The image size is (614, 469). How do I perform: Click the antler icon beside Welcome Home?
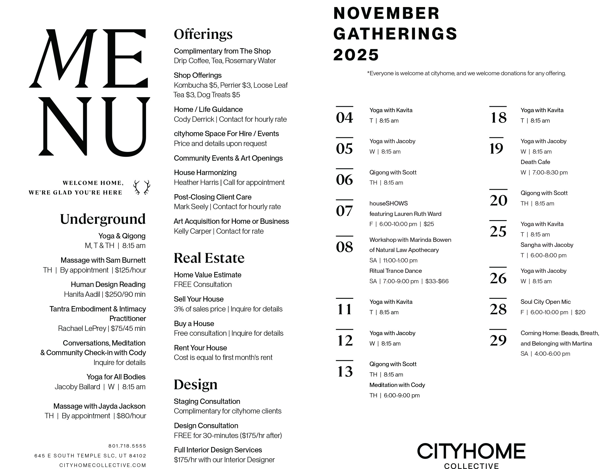tap(142, 187)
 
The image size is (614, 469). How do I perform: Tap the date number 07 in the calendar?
tap(344, 211)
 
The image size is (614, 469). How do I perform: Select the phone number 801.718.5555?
tap(127, 446)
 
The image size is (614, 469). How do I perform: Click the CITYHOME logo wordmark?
tap(471, 451)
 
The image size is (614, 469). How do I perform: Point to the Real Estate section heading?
tap(209, 258)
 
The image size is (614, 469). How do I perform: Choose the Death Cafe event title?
tap(535, 162)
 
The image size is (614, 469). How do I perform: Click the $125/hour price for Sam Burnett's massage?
tap(131, 270)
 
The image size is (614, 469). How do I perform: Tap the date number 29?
tap(498, 340)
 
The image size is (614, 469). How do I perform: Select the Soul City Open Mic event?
tap(545, 302)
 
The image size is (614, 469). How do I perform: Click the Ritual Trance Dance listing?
tap(396, 271)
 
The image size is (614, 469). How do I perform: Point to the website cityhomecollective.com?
tap(103, 465)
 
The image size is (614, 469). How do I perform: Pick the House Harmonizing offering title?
tap(205, 172)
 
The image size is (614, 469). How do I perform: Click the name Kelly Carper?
tap(193, 231)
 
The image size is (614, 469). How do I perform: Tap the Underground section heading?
tap(103, 219)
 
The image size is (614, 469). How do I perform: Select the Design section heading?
tap(195, 384)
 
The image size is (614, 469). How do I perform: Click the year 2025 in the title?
tap(356, 55)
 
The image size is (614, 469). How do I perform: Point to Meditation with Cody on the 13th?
tap(397, 385)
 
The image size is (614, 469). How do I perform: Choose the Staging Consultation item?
tap(207, 401)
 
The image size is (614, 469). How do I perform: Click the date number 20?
tap(498, 200)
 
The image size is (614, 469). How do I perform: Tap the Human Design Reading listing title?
tap(108, 284)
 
